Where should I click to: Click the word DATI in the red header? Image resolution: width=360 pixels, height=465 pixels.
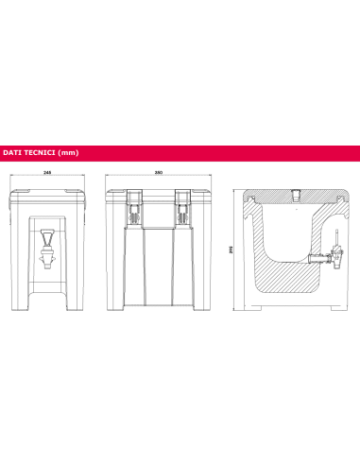[x=12, y=151]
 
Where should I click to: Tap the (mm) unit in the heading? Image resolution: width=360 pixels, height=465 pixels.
[x=66, y=151]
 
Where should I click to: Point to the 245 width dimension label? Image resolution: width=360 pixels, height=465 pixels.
[x=47, y=173]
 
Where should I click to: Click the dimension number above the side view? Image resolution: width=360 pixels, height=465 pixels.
[x=159, y=173]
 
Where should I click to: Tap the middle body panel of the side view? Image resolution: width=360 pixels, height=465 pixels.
[x=159, y=269]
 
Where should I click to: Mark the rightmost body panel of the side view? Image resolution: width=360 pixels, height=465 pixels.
[x=195, y=269]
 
